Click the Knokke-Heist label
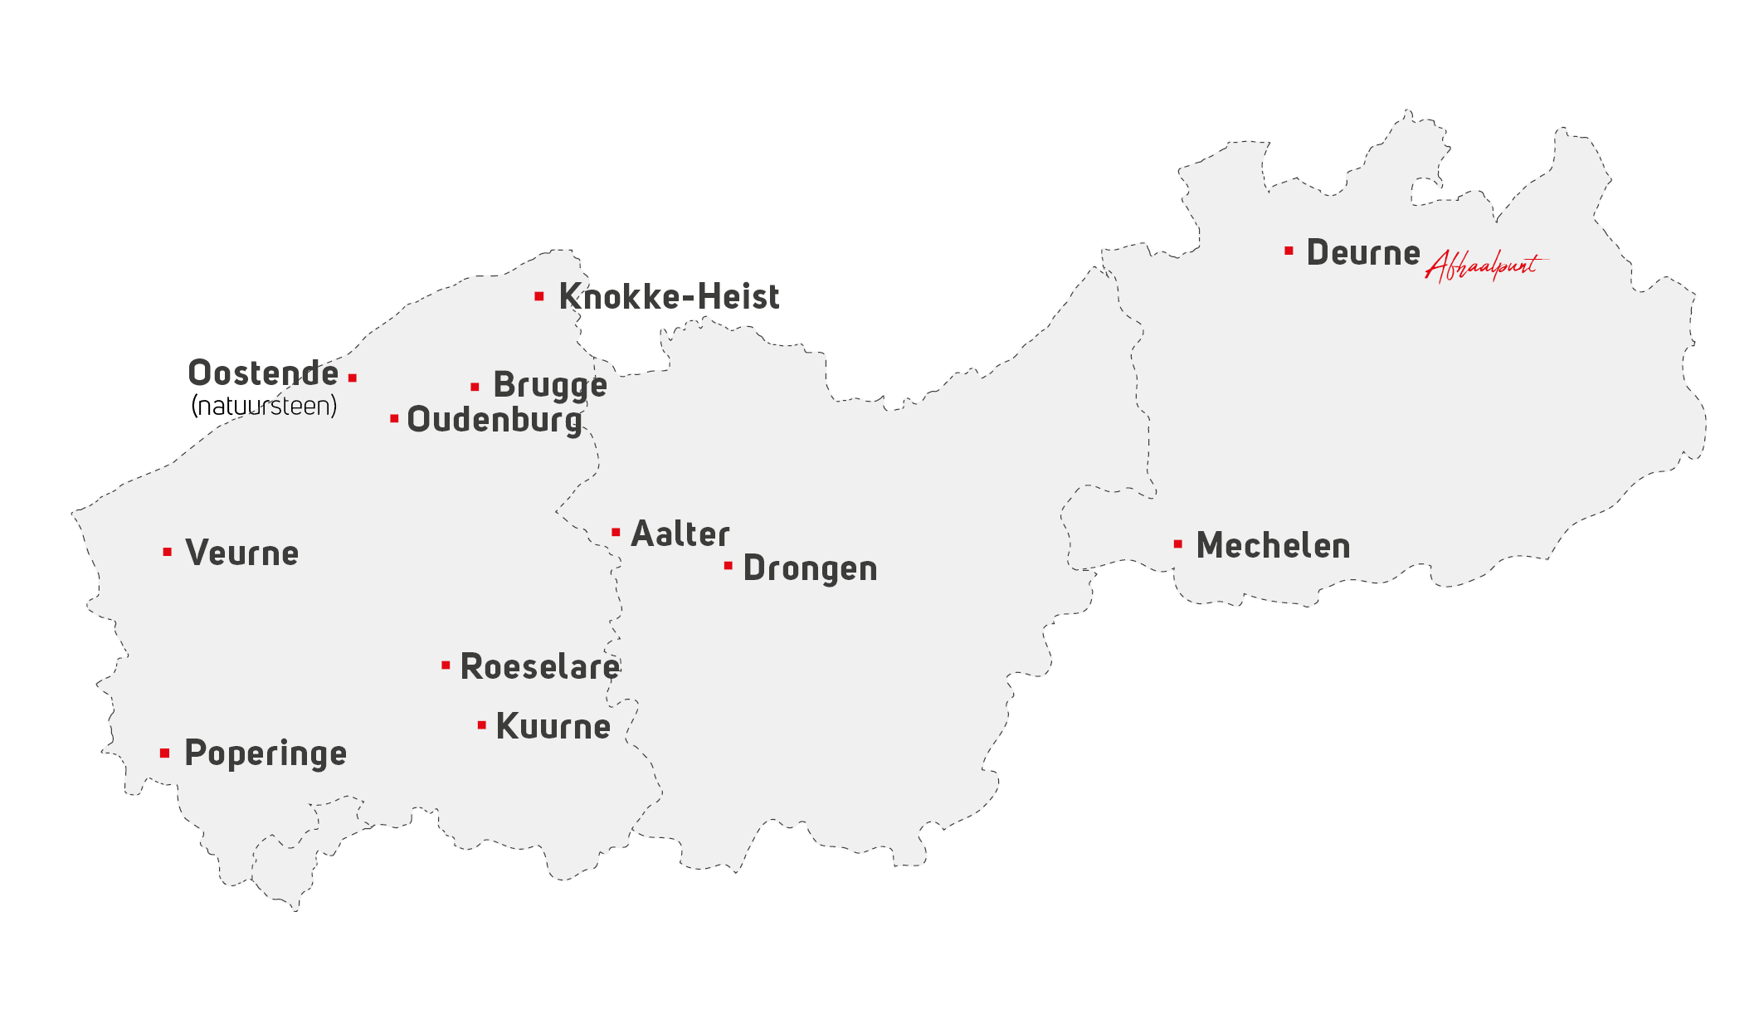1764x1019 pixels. click(x=669, y=297)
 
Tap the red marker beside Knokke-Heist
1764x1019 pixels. click(x=539, y=296)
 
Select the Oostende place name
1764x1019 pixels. click(x=263, y=373)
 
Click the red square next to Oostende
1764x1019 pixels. click(x=353, y=378)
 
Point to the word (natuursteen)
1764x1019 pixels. click(x=264, y=406)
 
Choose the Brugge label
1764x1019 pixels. click(x=550, y=386)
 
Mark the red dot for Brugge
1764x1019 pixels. click(x=475, y=387)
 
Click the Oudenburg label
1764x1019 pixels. click(x=495, y=420)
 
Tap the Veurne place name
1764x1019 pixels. click(x=241, y=553)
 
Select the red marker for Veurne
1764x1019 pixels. click(x=168, y=552)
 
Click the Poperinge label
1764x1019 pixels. click(x=266, y=753)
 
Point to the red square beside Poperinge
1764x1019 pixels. click(x=165, y=753)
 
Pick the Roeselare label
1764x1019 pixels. click(x=539, y=667)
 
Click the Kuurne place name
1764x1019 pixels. click(x=553, y=727)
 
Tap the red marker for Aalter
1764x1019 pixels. click(x=616, y=532)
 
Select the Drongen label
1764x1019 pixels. click(x=810, y=569)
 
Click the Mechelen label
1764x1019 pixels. click(x=1273, y=546)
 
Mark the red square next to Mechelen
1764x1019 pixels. click(x=1177, y=544)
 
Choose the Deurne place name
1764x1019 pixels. click(x=1363, y=253)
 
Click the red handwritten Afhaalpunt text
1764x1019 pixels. click(x=1485, y=266)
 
